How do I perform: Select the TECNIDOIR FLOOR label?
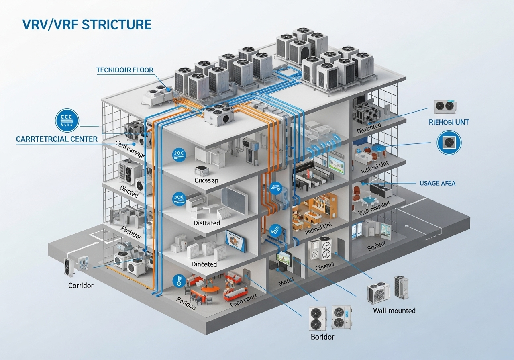click(x=125, y=70)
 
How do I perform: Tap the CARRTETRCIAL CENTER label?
click(x=57, y=139)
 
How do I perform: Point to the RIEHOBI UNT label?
click(x=449, y=122)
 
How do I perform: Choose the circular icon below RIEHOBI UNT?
click(x=449, y=142)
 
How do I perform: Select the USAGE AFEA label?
click(x=438, y=183)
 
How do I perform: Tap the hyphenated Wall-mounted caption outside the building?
click(x=394, y=310)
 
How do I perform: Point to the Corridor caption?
click(x=81, y=286)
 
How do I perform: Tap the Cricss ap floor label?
click(x=206, y=180)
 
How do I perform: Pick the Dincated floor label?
click(x=204, y=264)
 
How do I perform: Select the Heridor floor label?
click(x=131, y=233)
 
